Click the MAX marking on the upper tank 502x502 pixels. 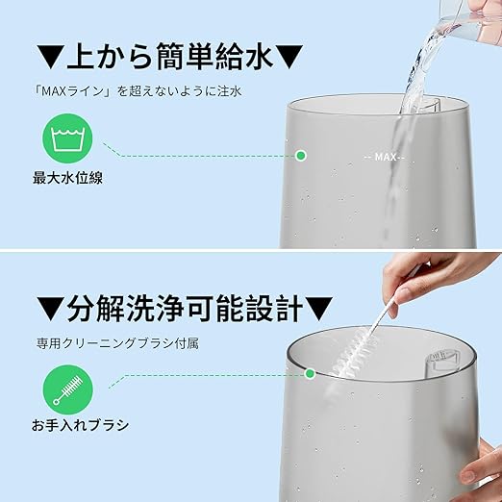click(x=385, y=157)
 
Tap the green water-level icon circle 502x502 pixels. click(x=67, y=138)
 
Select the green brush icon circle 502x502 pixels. click(x=68, y=389)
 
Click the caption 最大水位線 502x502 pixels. click(x=67, y=178)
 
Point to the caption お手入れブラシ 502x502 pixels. click(x=80, y=425)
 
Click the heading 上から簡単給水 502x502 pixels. click(x=170, y=57)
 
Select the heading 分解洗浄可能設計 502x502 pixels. click(x=185, y=308)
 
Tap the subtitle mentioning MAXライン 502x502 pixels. click(x=138, y=91)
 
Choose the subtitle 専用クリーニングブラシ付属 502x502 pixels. click(x=117, y=343)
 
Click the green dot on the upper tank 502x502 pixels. click(x=301, y=156)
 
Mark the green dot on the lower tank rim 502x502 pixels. click(x=310, y=373)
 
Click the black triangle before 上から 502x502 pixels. click(x=49, y=57)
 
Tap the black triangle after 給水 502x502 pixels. click(x=290, y=57)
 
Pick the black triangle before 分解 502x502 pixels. click(x=50, y=309)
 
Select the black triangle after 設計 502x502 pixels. click(x=319, y=309)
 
